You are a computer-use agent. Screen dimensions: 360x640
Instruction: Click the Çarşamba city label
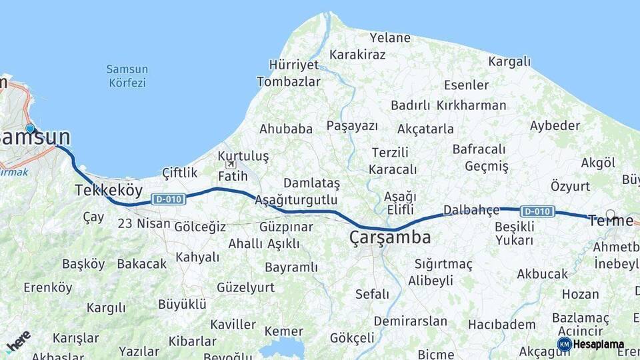pos(390,237)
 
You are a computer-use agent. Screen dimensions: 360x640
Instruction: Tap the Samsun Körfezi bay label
pos(127,76)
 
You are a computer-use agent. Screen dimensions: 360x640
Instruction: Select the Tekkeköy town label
pos(108,190)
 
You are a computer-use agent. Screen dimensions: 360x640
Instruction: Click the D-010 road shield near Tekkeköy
pos(168,199)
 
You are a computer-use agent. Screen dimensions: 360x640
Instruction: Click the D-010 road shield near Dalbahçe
pos(537,211)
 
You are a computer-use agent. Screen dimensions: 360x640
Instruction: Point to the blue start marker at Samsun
pos(30,129)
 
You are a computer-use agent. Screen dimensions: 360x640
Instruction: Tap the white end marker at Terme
pos(610,215)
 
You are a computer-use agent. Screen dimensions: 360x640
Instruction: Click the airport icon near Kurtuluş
pos(231,164)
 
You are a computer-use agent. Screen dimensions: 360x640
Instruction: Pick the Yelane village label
pos(390,37)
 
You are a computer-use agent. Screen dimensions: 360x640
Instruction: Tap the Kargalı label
pos(509,61)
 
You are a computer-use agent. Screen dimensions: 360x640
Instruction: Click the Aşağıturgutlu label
pos(295,200)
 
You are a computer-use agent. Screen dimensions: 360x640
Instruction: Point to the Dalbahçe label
pos(471,210)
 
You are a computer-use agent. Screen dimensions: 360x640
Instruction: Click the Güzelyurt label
pos(245,287)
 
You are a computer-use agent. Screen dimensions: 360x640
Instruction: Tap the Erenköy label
pos(47,287)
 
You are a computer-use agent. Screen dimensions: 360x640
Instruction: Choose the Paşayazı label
pos(352,126)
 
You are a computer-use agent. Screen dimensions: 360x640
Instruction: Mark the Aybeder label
pos(555,126)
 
